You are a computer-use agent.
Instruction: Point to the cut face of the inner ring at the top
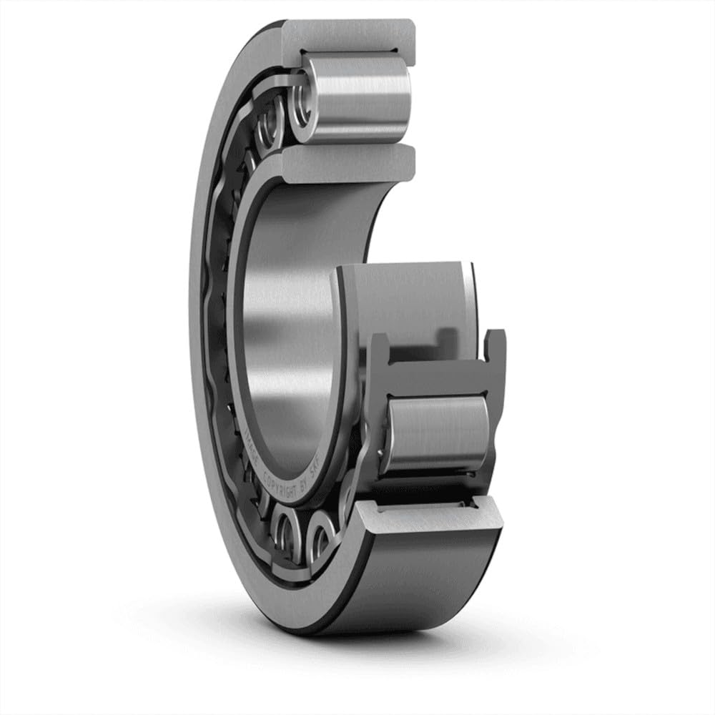350,163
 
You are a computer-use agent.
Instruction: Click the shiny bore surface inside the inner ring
286,322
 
